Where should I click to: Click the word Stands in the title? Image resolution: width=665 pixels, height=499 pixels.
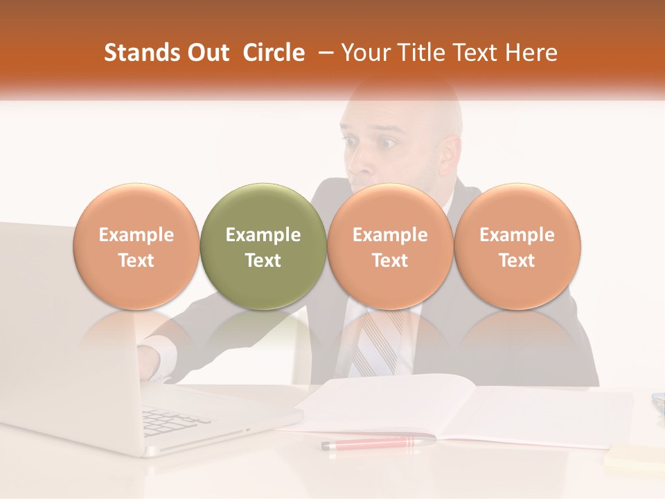click(x=141, y=53)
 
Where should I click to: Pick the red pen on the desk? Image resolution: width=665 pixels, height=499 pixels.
click(x=378, y=442)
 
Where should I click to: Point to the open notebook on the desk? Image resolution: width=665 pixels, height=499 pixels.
click(x=443, y=409)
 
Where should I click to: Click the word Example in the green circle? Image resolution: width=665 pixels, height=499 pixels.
click(x=263, y=235)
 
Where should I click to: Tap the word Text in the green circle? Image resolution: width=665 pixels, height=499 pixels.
click(x=263, y=261)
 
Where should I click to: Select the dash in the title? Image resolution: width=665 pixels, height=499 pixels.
click(x=323, y=53)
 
